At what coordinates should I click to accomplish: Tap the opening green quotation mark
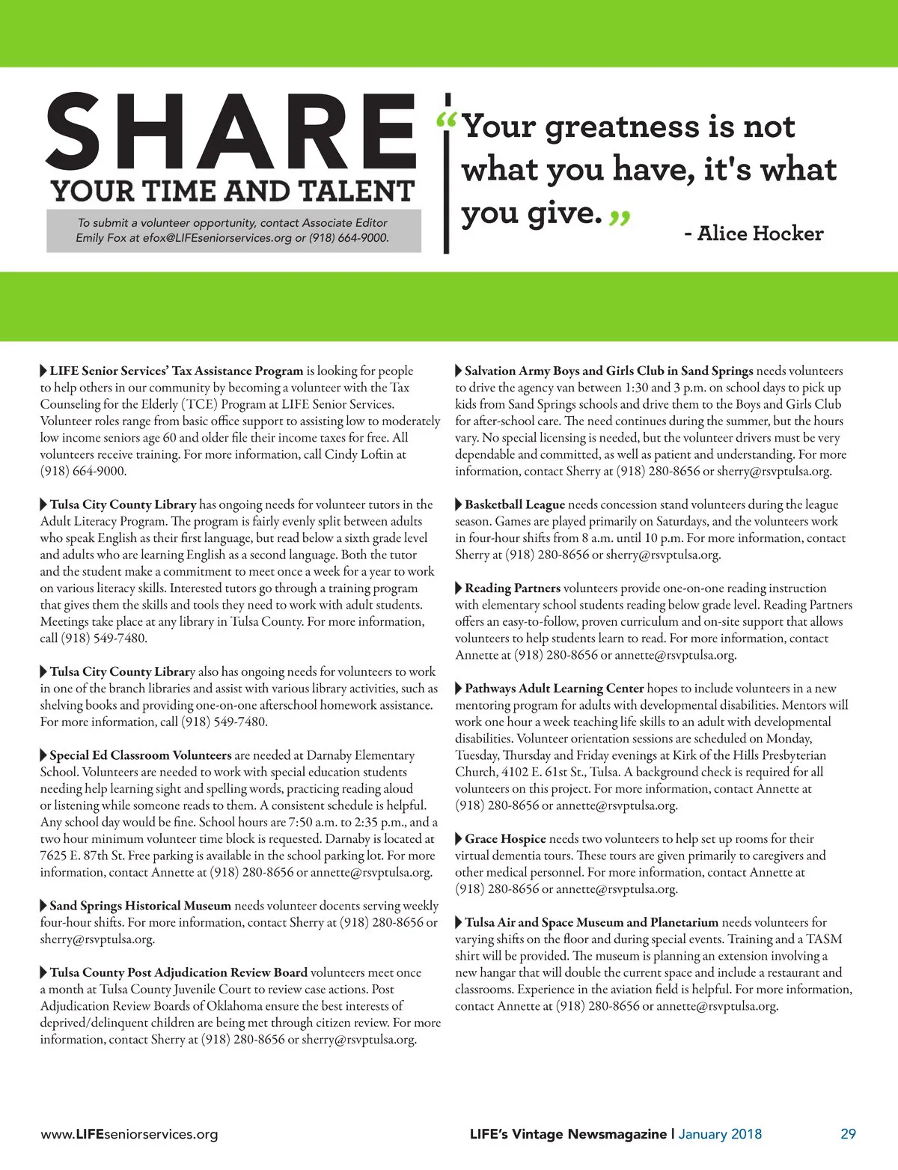tap(446, 121)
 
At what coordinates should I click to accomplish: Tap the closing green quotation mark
tap(620, 218)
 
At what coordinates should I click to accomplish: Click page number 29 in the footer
tap(848, 1133)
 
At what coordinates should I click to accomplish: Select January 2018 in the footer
tap(720, 1133)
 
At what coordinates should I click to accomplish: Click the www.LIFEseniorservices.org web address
tap(129, 1134)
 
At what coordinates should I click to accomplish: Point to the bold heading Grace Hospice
tap(505, 839)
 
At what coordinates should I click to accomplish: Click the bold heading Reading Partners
tap(512, 588)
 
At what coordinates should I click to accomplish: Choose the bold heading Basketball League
tap(514, 505)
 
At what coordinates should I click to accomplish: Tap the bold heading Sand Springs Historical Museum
tap(140, 906)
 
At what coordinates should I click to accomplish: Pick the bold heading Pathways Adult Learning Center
tap(554, 689)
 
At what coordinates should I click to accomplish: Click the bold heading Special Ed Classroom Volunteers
tap(140, 755)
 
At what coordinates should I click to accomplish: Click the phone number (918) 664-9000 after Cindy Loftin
tap(83, 471)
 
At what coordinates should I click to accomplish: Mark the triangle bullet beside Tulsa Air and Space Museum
tap(459, 923)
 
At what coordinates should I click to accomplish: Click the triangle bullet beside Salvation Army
tap(459, 371)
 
